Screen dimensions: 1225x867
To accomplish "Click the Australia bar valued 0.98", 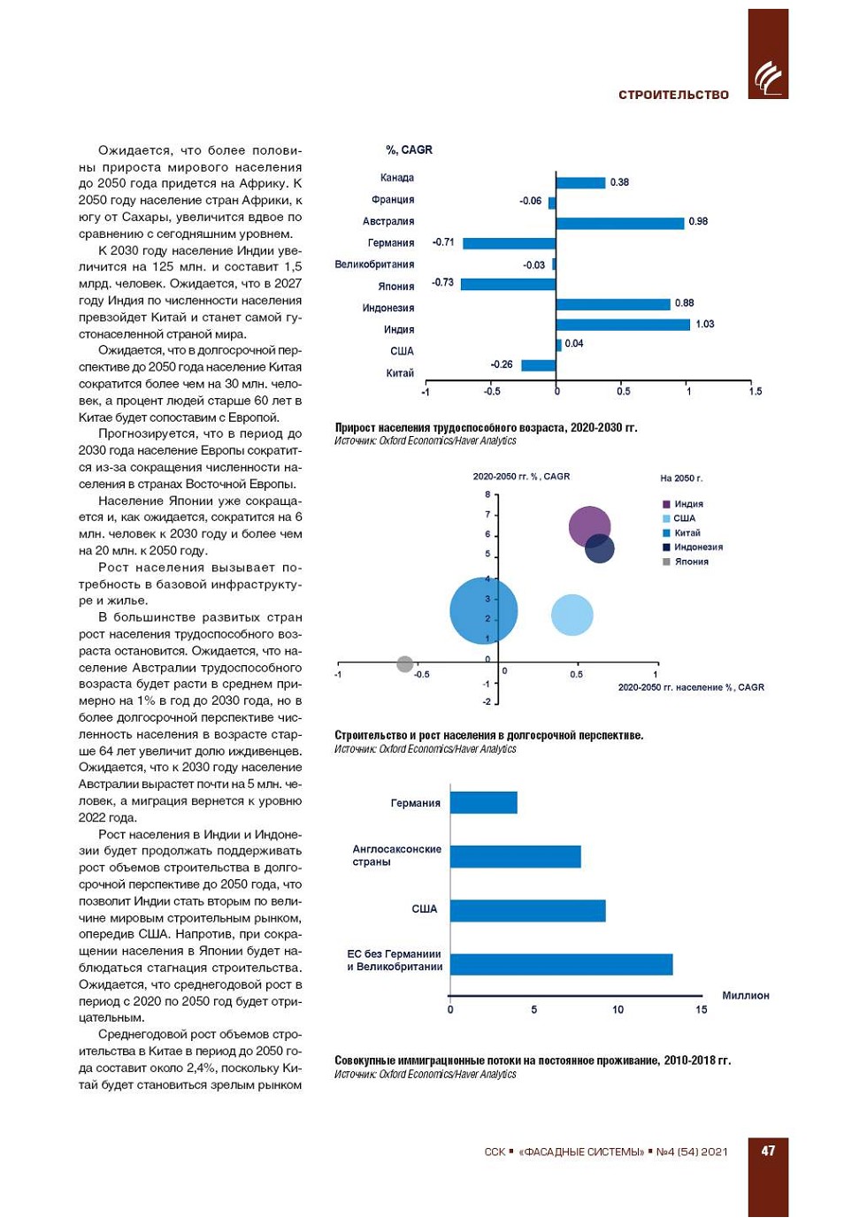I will [x=619, y=223].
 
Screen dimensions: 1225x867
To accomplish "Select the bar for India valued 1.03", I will [x=623, y=325].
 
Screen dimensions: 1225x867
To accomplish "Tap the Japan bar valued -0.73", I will [x=508, y=284].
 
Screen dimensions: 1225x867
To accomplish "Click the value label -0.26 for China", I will [x=502, y=364].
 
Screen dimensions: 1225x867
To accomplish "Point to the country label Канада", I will [x=397, y=178].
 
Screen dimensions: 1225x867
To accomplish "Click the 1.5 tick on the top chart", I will [x=755, y=391].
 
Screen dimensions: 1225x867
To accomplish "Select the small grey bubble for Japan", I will [x=405, y=663].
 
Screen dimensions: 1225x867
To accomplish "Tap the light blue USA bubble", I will [x=572, y=616].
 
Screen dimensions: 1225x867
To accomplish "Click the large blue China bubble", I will [x=482, y=610].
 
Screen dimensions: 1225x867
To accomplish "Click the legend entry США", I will [x=684, y=518].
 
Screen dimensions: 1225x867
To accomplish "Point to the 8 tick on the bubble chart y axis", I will [x=487, y=494].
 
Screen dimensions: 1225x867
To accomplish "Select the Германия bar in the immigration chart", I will [x=483, y=802].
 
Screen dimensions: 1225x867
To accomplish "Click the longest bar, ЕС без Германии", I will [x=561, y=964].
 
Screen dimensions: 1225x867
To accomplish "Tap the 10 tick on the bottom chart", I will [x=618, y=1009].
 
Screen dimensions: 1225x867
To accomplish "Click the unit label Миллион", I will [x=745, y=996].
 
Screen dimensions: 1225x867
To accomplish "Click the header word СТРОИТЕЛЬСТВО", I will [x=673, y=95].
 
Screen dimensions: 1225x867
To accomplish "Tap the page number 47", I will [x=767, y=1151].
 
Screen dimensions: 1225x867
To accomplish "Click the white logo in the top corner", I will [x=768, y=78].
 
